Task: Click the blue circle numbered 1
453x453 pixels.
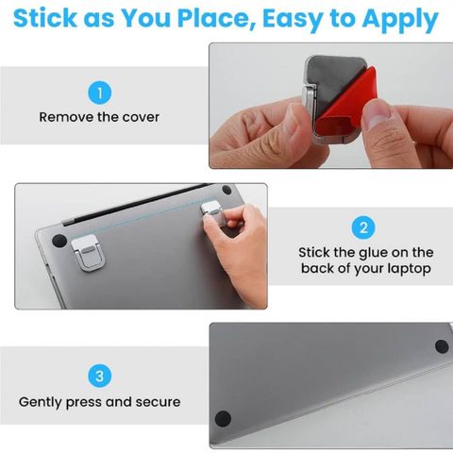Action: [100, 92]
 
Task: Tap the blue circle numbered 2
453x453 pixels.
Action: [363, 227]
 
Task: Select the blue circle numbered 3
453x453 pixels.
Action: [100, 376]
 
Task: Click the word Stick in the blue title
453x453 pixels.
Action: [45, 18]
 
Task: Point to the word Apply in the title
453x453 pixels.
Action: [400, 21]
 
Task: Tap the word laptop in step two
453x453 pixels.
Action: [409, 269]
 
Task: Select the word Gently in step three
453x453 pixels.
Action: [41, 403]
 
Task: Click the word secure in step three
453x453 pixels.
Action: [158, 402]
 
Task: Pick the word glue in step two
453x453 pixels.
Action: [374, 253]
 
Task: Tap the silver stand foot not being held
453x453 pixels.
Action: [88, 253]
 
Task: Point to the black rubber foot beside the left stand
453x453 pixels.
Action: [59, 241]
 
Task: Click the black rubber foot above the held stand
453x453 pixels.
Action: [226, 190]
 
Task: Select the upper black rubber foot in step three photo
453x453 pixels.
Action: [442, 346]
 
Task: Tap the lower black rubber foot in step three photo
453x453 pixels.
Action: [223, 418]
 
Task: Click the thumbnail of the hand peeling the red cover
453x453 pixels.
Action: [331, 106]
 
